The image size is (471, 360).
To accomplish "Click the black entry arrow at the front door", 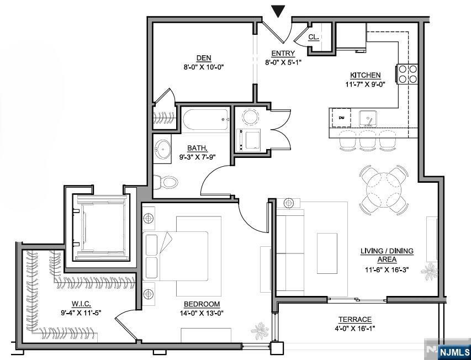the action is click(x=278, y=12).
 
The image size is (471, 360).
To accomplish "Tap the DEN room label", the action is click(x=204, y=58).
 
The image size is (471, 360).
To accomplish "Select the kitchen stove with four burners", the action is click(x=408, y=74).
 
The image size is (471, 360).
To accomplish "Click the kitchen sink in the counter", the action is click(x=368, y=118).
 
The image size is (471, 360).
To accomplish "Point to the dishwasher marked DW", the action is click(x=341, y=118).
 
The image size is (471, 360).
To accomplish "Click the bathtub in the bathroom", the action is click(x=206, y=119).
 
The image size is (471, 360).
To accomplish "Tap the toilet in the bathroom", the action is click(x=166, y=182).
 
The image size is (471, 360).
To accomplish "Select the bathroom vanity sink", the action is click(x=162, y=149).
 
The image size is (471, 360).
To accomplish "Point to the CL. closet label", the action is click(x=314, y=37).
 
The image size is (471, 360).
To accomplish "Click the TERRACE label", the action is click(x=355, y=320).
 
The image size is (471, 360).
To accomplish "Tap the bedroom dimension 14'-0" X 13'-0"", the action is click(x=202, y=313).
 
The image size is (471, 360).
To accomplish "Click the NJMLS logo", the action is click(x=454, y=352).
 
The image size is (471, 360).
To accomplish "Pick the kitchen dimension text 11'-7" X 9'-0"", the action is click(x=366, y=84).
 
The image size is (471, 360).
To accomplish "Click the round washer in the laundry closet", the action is click(x=250, y=117).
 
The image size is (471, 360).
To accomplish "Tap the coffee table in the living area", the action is click(x=327, y=253).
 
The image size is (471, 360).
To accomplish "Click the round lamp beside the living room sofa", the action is click(x=289, y=203).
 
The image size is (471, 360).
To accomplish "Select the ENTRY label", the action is click(x=283, y=54).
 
